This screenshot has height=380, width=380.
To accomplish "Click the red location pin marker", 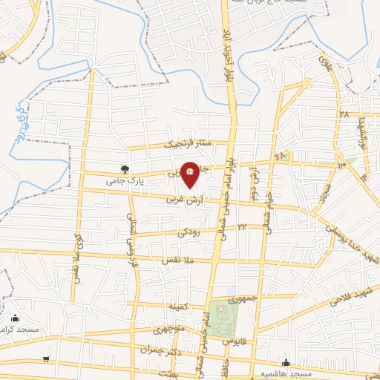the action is click(190, 174).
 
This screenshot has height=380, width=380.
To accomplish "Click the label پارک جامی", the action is click(124, 180).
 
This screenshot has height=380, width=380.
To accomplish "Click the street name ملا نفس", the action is click(177, 261).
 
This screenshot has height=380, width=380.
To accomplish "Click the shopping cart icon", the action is click(47, 359).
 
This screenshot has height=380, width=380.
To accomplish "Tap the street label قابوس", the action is click(237, 343).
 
